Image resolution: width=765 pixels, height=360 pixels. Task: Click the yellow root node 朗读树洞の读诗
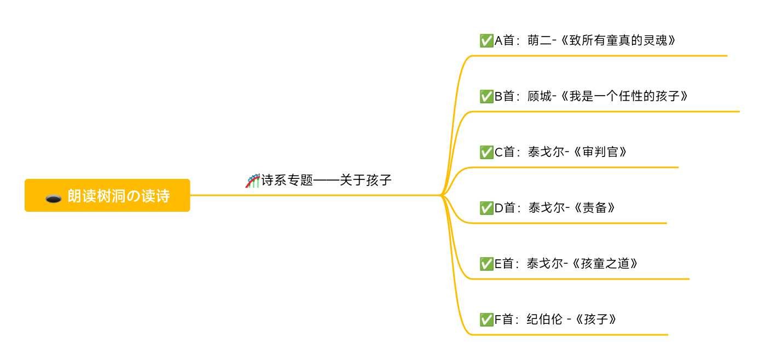[107, 195]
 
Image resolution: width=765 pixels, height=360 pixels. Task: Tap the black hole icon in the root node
[53, 198]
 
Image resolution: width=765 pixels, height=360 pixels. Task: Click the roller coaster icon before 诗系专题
[252, 181]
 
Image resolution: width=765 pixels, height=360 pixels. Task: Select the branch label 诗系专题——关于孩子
[326, 180]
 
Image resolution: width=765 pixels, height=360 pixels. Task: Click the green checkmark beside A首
[486, 40]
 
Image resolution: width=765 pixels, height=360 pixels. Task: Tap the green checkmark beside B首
[486, 96]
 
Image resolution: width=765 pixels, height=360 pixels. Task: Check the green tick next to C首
[486, 152]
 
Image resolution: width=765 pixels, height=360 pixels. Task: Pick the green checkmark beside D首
[486, 208]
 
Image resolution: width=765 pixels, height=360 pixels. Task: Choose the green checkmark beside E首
[486, 264]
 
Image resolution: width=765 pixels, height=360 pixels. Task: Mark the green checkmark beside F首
[486, 320]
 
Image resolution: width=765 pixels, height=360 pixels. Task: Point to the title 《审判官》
[599, 152]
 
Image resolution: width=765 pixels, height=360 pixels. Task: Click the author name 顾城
[540, 96]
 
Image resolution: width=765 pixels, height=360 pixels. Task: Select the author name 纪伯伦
[544, 320]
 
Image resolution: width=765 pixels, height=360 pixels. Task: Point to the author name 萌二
[540, 40]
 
